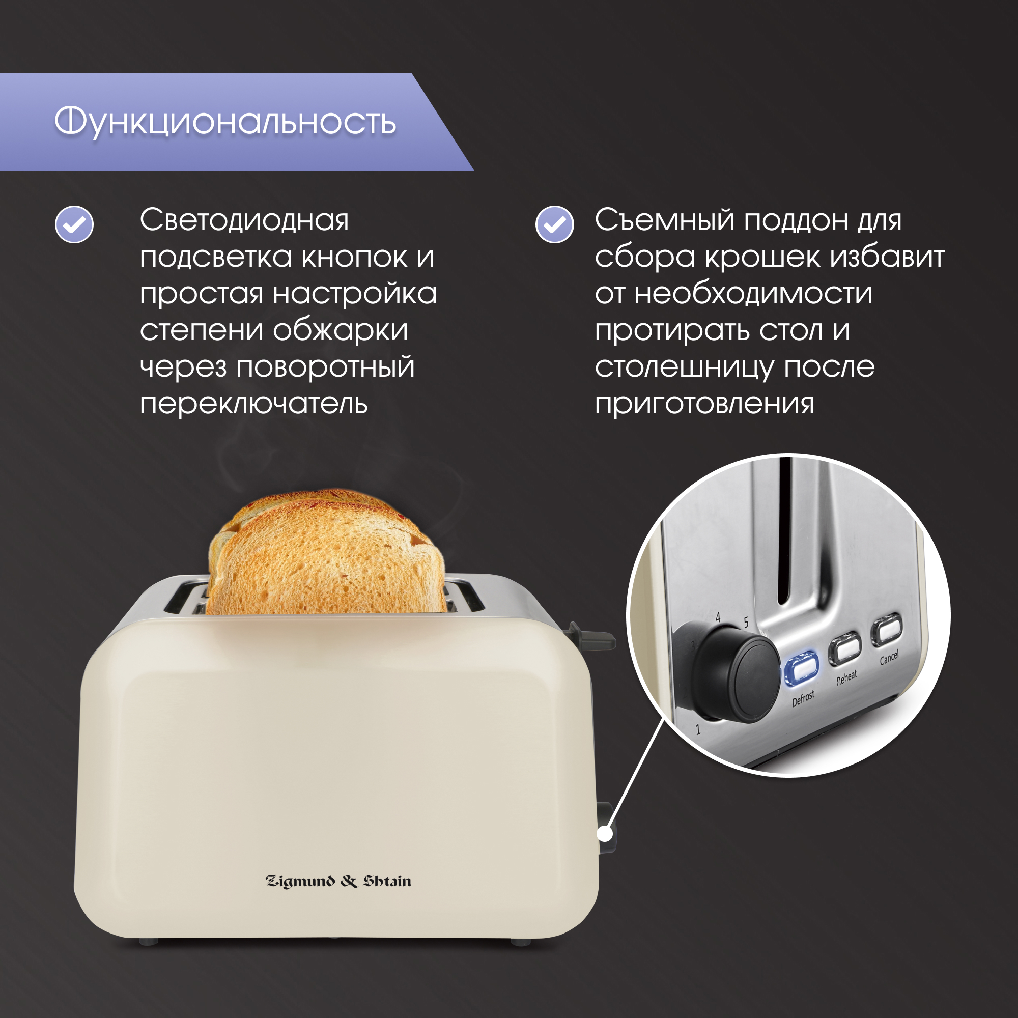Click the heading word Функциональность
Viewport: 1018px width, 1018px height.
coord(225,122)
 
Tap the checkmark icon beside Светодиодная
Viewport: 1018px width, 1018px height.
coord(74,224)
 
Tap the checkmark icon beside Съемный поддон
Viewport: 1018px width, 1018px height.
coord(554,224)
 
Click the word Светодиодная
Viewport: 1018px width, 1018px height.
coord(244,220)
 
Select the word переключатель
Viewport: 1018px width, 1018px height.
coord(253,404)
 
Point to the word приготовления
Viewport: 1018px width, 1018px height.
coord(704,404)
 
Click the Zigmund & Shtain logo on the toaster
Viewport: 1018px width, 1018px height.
coord(338,882)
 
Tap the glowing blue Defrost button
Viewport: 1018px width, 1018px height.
coord(802,668)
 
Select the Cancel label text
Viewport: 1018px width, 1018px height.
coord(889,657)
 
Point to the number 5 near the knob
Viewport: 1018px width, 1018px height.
coord(746,623)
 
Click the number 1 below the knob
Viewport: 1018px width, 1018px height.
coord(698,730)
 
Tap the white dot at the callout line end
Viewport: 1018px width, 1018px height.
coord(605,834)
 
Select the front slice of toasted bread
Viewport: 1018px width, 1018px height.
coord(332,564)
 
